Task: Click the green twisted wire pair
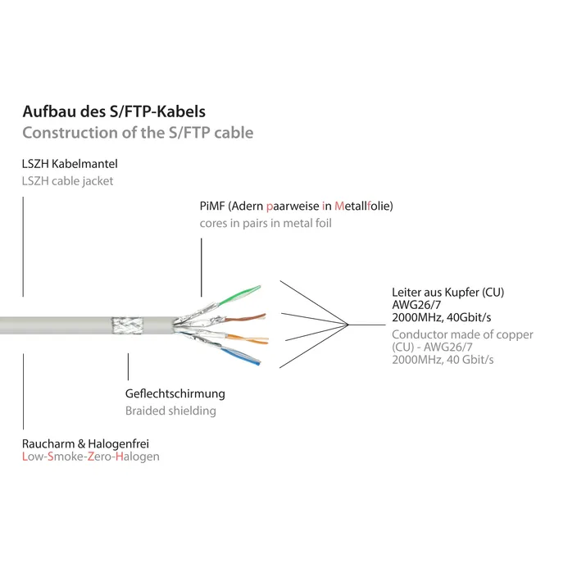tap(240, 295)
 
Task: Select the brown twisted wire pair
tap(245, 318)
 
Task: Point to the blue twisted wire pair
tap(241, 356)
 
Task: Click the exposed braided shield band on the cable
tap(127, 325)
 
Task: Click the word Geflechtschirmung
tap(175, 393)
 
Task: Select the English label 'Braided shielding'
tap(170, 411)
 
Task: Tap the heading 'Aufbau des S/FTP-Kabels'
tap(114, 111)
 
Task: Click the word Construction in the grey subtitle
tap(70, 133)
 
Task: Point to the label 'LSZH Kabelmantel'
tap(70, 164)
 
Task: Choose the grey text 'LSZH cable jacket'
tap(68, 181)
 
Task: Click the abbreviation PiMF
tap(212, 206)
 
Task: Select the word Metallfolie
tap(364, 206)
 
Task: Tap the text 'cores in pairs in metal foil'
tap(266, 223)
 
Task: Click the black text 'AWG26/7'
tap(416, 305)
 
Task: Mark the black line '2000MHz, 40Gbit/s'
tap(442, 317)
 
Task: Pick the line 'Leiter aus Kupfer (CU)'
tap(448, 292)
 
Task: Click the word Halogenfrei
tap(119, 443)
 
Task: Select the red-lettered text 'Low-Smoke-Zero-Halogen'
tap(91, 457)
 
